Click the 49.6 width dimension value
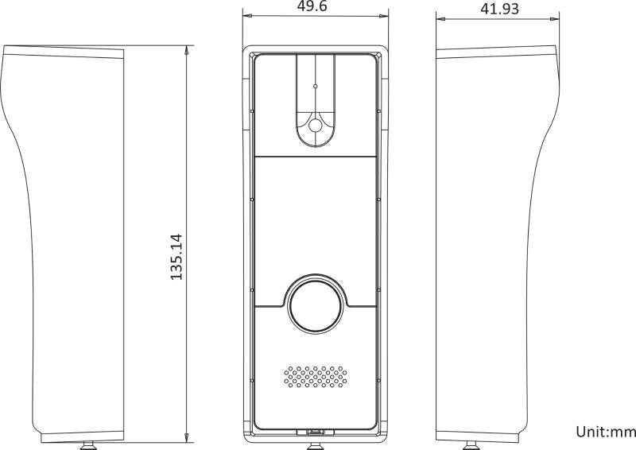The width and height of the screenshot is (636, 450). pos(312,6)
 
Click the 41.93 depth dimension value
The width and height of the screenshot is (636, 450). pos(499,9)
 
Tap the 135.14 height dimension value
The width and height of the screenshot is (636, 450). pos(176,257)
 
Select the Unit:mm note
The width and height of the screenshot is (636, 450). pos(606,432)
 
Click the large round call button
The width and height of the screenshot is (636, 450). pos(315,304)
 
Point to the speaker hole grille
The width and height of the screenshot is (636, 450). pos(315,377)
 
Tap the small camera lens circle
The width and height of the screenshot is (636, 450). pos(315,126)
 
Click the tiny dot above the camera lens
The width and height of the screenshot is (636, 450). pos(315,86)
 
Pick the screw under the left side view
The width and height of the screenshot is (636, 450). pos(88,446)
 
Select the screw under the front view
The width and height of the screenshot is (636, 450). pos(315,446)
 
